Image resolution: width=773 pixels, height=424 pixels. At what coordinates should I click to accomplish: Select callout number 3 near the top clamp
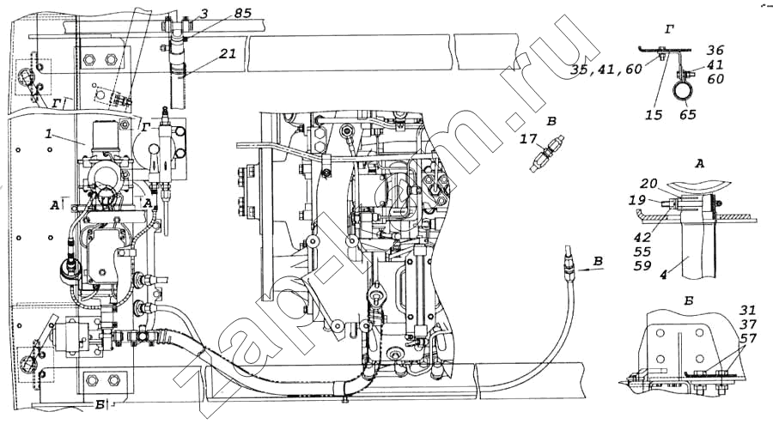tap(204, 12)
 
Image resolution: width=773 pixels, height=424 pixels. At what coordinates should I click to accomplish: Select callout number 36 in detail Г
tap(715, 50)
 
